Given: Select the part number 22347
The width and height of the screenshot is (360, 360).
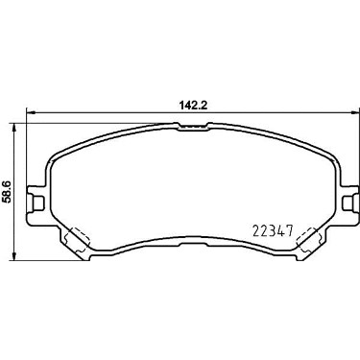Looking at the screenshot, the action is [273, 230].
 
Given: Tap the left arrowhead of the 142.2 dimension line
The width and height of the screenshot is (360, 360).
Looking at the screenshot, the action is [30, 112].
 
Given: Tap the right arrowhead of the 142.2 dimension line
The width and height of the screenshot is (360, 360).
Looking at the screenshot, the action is [355, 112].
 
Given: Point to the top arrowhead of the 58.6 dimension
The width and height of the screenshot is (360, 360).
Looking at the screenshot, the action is [13, 128].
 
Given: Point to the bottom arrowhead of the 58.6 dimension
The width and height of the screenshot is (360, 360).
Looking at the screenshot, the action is [13, 255].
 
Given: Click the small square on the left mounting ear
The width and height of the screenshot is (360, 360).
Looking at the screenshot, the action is [38, 203].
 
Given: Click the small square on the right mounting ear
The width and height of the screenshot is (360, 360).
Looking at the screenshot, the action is [348, 203].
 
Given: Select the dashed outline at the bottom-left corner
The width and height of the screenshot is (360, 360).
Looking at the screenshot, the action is [77, 240].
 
